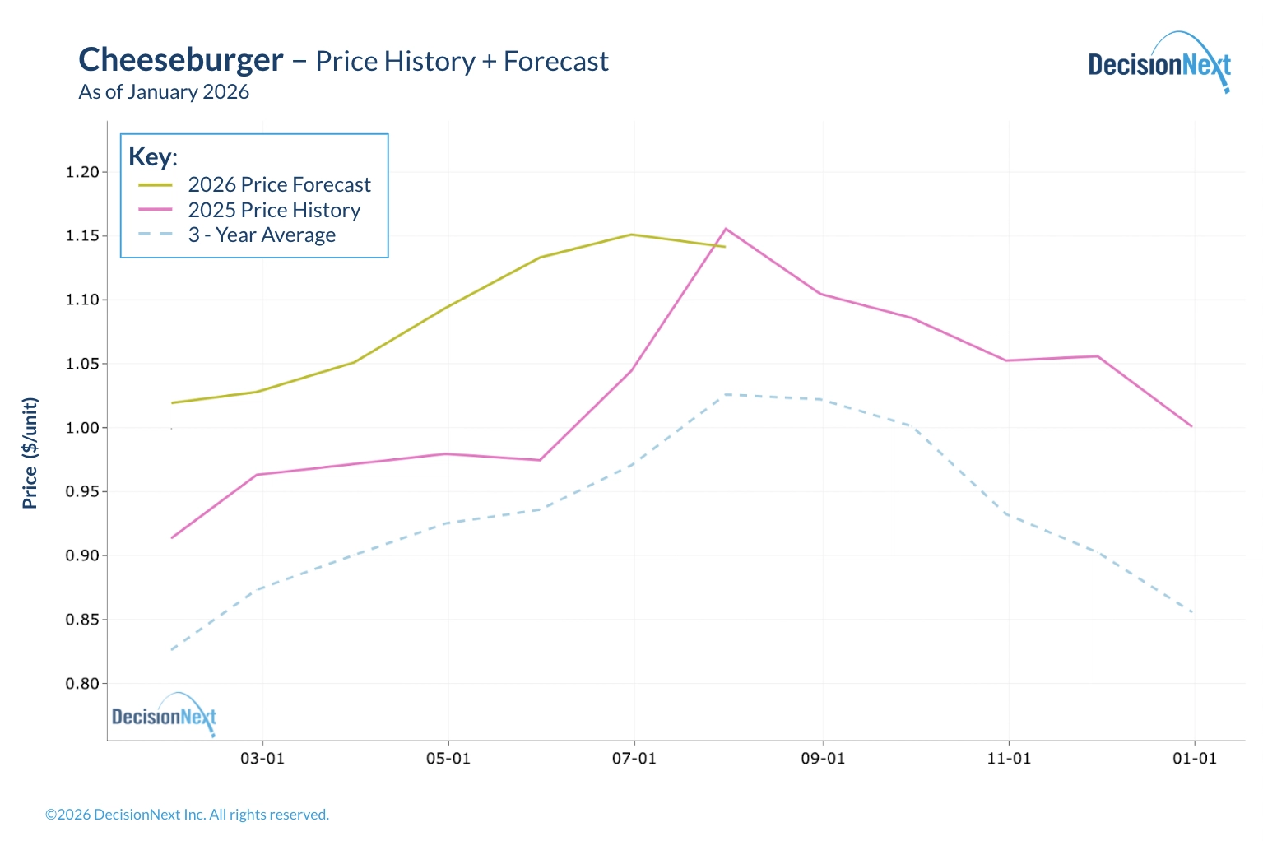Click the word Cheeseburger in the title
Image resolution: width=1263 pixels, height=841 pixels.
pos(181,60)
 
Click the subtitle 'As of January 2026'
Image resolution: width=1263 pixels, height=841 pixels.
pos(164,92)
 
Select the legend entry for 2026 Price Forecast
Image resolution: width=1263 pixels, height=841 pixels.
pos(279,184)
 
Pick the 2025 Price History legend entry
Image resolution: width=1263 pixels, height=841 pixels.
pos(274,210)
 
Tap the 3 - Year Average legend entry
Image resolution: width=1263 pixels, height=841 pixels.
pos(262,235)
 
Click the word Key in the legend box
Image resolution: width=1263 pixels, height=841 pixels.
pos(152,156)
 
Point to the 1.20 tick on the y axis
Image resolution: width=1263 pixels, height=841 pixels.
pos(82,172)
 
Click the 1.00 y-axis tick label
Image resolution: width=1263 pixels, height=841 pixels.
pos(82,428)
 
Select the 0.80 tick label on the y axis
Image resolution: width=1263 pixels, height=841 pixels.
pos(82,684)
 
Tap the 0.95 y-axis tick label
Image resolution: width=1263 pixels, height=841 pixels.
pos(82,492)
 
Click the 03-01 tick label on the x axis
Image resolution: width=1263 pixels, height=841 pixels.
pos(262,758)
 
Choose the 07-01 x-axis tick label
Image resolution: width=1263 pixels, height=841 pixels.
pos(634,758)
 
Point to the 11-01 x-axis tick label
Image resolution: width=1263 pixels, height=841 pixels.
pos(1009,758)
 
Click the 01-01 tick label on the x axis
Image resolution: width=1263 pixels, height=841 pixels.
pos(1194,758)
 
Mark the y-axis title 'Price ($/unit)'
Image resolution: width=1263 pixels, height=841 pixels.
pos(30,453)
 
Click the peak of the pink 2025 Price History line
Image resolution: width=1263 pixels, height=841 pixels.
pos(726,229)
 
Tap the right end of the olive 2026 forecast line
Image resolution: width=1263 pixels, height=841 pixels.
pos(725,246)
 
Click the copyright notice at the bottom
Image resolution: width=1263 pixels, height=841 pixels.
pos(187,815)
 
